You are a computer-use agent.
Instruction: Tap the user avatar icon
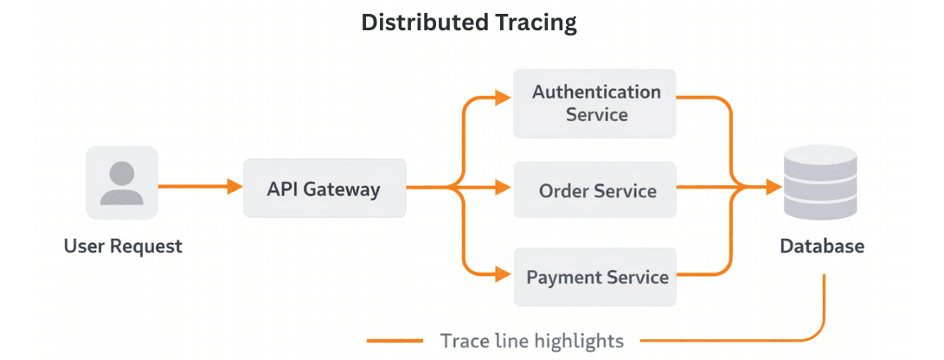122,183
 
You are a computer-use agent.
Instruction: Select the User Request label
123,247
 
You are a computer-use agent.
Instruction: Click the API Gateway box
324,188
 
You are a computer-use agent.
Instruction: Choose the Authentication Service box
594,102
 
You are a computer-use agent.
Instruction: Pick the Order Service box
594,190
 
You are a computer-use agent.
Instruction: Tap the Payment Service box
594,277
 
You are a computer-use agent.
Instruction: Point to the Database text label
822,247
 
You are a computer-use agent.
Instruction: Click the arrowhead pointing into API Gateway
234,186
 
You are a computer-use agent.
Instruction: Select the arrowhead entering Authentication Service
504,98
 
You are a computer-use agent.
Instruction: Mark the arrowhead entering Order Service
504,186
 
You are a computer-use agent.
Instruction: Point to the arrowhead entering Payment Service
504,276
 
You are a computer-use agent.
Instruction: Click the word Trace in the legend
463,340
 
